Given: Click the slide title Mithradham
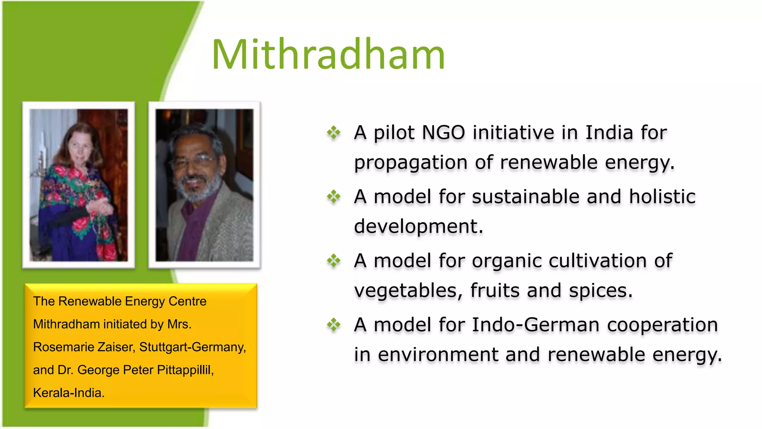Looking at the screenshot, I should pyautogui.click(x=328, y=55).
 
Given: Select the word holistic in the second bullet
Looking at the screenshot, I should pyautogui.click(x=662, y=197).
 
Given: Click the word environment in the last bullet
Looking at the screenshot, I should pyautogui.click(x=438, y=355).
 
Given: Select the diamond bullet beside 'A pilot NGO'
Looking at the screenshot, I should pyautogui.click(x=334, y=133).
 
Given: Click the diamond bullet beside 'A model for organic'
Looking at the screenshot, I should pyautogui.click(x=334, y=261).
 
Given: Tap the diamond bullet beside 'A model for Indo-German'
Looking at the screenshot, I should pyautogui.click(x=334, y=325).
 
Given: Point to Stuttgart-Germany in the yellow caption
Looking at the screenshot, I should pyautogui.click(x=192, y=347).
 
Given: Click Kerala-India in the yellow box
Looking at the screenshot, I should pyautogui.click(x=68, y=393).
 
